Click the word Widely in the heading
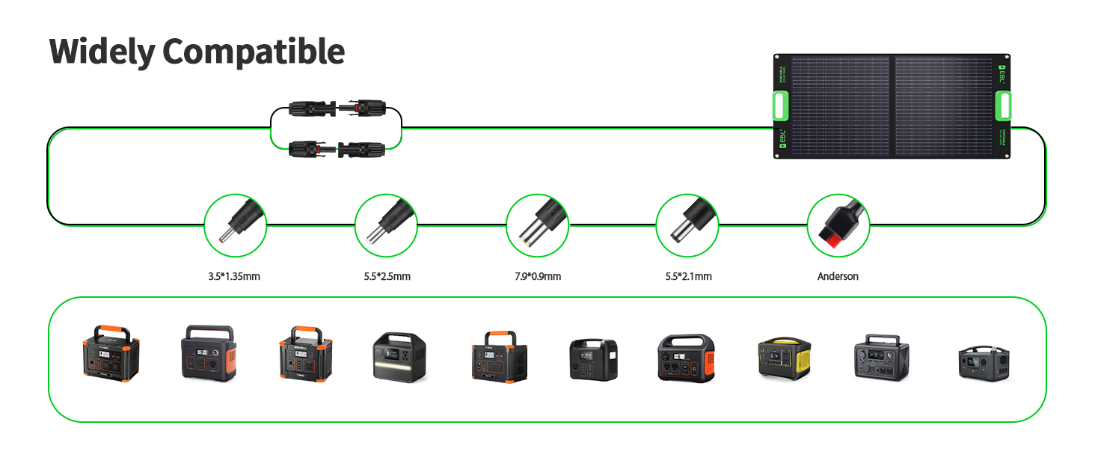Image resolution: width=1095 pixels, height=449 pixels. [102, 52]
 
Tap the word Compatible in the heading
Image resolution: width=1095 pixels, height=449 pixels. [253, 52]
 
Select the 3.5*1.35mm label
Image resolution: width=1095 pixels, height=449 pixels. [234, 277]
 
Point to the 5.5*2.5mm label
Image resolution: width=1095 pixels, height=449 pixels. [387, 277]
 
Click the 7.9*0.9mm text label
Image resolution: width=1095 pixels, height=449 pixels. [537, 277]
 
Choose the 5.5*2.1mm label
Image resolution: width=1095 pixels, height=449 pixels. [688, 277]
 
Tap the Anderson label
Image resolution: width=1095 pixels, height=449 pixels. [838, 277]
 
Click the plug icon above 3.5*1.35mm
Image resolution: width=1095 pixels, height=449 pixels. [235, 224]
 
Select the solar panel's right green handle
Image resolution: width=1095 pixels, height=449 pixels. [1002, 106]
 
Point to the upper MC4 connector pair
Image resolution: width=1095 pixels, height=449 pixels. [336, 108]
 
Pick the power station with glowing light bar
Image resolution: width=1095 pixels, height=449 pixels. [399, 357]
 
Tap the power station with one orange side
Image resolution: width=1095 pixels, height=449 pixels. [208, 353]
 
